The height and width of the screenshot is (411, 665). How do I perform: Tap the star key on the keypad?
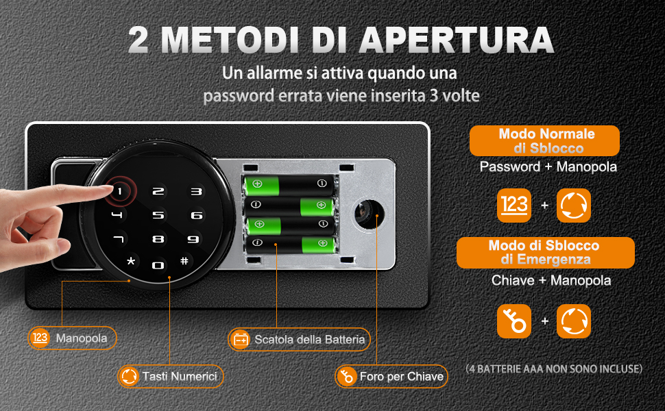131,261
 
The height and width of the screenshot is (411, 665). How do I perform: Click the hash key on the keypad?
184,260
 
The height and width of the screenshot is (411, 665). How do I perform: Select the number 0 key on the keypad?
158,266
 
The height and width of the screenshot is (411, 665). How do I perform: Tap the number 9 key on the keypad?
193,239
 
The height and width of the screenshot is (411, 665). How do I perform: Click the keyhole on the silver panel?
369,214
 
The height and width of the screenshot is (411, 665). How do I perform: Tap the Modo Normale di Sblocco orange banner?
544,140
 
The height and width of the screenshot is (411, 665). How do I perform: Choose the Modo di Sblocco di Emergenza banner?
546,253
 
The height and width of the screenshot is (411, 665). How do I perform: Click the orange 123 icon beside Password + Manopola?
514,206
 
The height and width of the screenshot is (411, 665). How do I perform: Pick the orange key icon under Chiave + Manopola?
514,321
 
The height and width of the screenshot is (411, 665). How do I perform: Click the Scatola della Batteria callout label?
299,339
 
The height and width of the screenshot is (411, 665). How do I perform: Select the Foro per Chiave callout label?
391,376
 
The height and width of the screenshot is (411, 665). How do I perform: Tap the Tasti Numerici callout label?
171,376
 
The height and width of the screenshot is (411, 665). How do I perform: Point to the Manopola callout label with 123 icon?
72,338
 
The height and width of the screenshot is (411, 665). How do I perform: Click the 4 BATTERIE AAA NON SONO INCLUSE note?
554,369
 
